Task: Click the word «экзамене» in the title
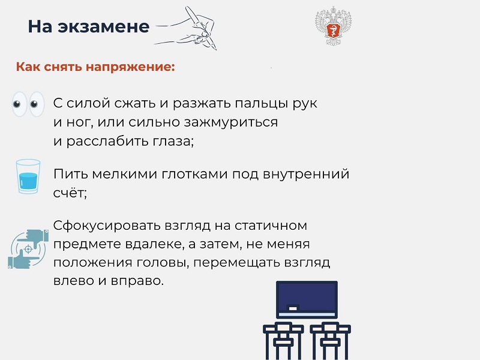point(103,26)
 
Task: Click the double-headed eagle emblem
point(334,26)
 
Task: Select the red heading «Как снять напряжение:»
point(95,67)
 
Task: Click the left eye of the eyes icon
point(19,104)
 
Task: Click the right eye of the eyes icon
point(37,104)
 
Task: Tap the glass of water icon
point(28,176)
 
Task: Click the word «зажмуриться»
point(230,122)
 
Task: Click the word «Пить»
point(71,174)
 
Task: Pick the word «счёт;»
point(70,193)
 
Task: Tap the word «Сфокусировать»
point(107,226)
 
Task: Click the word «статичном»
point(271,226)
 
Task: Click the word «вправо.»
point(137,281)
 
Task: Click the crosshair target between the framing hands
point(28,249)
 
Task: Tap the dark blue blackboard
point(307,300)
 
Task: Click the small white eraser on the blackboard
point(293,308)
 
